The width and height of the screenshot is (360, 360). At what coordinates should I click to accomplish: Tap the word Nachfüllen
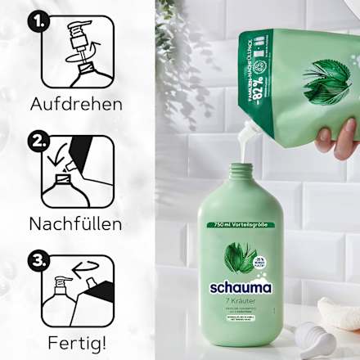[x=76, y=223]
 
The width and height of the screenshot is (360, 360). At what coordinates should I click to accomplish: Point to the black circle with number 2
[x=37, y=141]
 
